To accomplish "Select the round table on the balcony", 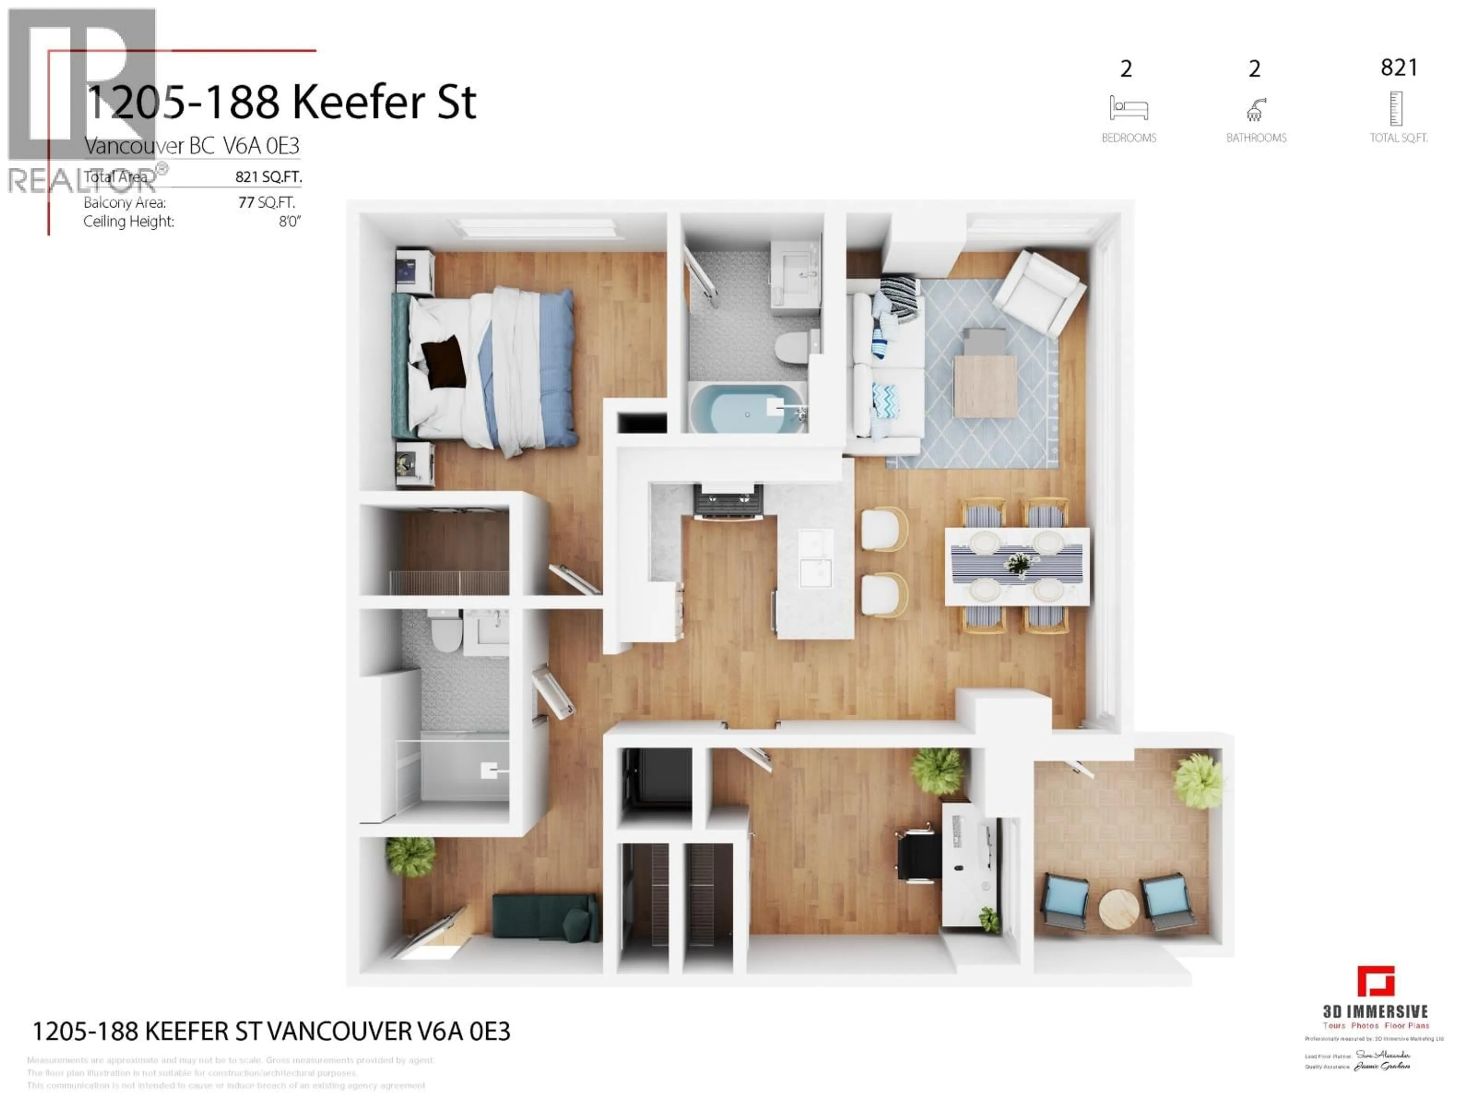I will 1118,909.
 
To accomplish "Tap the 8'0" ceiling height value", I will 289,221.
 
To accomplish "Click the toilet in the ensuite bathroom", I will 446,634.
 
